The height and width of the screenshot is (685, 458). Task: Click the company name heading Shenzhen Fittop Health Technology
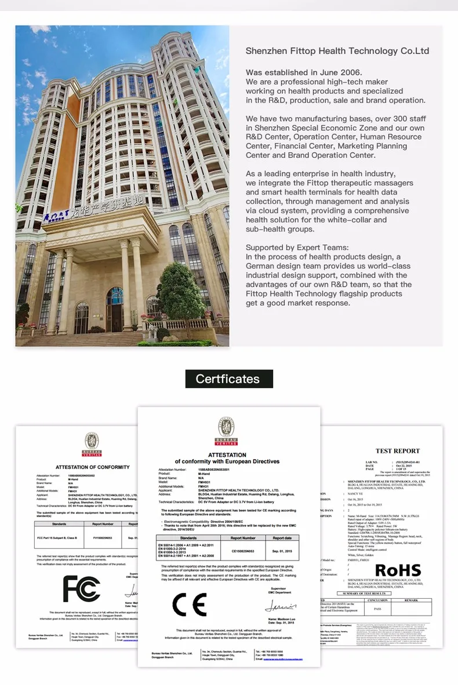coord(337,51)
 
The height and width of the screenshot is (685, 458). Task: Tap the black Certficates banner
coord(229,379)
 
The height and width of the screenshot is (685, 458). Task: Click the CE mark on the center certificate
coord(190,605)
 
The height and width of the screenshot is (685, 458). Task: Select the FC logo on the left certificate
coord(82,588)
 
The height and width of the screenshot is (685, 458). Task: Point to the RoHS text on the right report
coord(398,570)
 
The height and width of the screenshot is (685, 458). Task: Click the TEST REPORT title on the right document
coord(398,450)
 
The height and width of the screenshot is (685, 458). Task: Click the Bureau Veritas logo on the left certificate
coord(91,444)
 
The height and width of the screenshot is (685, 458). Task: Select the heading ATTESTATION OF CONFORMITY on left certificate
coord(93,467)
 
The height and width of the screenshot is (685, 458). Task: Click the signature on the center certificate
coord(281,606)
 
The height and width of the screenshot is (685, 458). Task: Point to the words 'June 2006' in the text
coord(340,72)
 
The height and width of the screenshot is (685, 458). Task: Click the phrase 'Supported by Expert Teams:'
coord(297,247)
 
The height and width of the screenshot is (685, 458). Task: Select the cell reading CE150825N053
coord(244,551)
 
